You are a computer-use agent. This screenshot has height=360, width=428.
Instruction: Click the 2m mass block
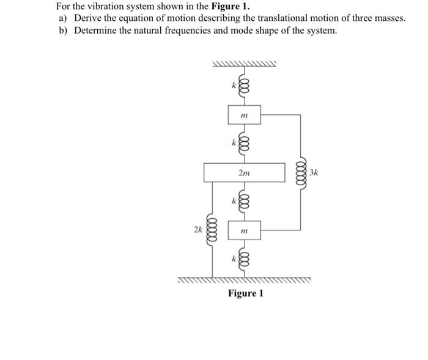tap(244, 172)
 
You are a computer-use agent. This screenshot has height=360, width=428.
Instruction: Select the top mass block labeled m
tap(244, 115)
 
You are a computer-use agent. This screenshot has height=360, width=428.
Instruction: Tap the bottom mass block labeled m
tap(244, 230)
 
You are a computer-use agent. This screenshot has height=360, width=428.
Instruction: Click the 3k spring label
tap(314, 173)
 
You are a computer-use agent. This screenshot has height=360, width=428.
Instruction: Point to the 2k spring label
tap(197, 230)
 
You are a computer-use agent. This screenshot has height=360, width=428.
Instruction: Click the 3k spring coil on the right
tap(300, 172)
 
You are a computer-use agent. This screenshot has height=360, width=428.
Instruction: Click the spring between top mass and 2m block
tap(244, 144)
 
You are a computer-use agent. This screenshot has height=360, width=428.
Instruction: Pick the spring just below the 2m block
tap(244, 201)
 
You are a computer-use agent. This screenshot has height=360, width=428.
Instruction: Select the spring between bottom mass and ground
tap(244, 259)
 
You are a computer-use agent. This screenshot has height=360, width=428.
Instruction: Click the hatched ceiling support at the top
tap(244, 64)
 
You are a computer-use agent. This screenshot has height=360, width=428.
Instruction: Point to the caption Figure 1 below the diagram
tap(245, 293)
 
